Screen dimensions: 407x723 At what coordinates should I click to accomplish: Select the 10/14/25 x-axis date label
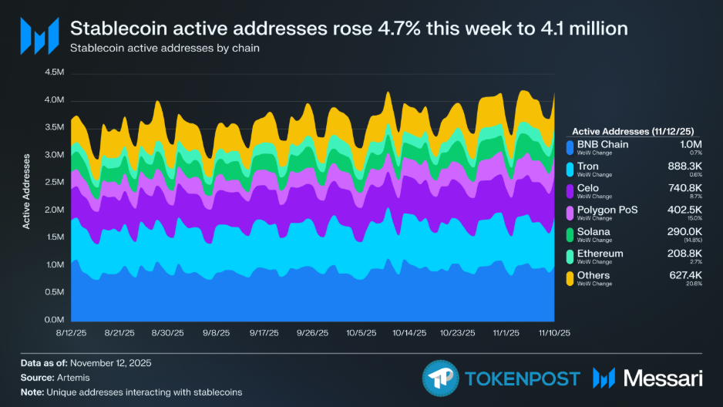[409, 333]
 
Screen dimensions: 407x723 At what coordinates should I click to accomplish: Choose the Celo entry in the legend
[589, 187]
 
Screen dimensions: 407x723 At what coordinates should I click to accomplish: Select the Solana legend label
[594, 231]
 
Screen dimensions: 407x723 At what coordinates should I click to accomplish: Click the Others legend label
[594, 275]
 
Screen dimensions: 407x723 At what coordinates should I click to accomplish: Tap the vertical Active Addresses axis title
[26, 191]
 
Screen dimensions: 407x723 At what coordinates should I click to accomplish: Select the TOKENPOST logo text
[523, 378]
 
